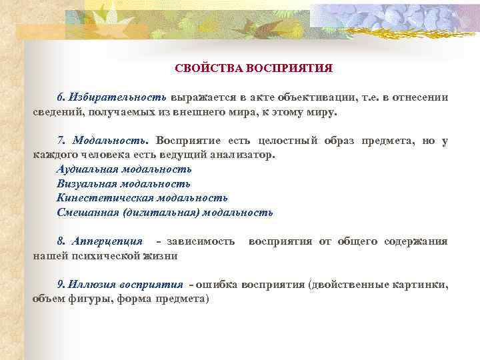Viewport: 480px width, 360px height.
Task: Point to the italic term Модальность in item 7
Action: pos(113,141)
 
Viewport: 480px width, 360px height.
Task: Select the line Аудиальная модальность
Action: pos(124,169)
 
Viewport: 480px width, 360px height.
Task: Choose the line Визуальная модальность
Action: pos(123,183)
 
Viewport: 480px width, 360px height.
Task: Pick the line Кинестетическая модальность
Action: pos(142,198)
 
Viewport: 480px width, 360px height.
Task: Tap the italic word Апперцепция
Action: pos(107,241)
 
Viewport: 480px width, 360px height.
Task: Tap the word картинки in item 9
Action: pos(422,284)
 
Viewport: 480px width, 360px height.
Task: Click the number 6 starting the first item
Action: pos(60,97)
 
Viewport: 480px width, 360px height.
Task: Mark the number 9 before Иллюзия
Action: pos(60,284)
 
